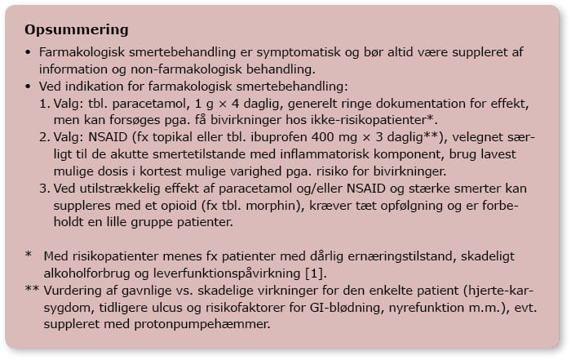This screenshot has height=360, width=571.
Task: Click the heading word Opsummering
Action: tap(77, 31)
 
